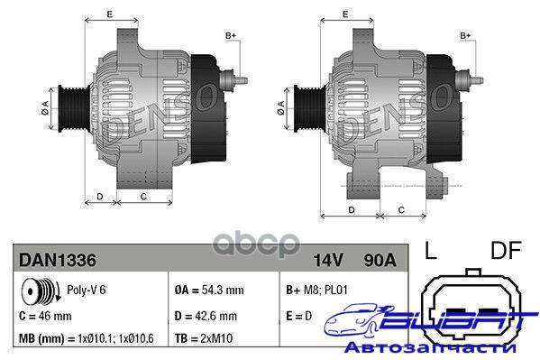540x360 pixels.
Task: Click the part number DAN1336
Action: [x=58, y=260]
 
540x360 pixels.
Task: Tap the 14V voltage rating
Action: [x=328, y=261]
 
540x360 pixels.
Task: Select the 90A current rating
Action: [x=380, y=261]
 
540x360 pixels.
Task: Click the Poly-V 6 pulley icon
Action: [x=41, y=291]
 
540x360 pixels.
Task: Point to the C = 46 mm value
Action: [x=45, y=316]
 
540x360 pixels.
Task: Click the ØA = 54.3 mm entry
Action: [x=209, y=290]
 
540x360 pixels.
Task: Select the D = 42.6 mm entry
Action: [x=206, y=316]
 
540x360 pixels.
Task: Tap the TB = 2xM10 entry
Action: [x=204, y=338]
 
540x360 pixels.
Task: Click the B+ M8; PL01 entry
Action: [x=316, y=290]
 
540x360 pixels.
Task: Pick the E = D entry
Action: [x=298, y=316]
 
